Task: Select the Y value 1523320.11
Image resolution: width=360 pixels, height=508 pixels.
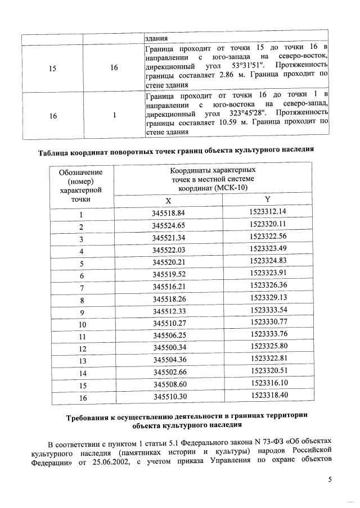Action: coord(268,225)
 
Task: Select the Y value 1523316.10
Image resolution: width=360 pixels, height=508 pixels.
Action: coord(268,384)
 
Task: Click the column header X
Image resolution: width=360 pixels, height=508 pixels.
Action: coord(168,201)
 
